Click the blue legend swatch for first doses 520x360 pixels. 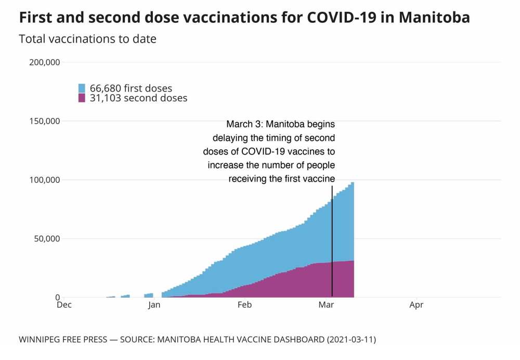pos(82,88)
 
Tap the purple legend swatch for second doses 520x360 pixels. pos(82,98)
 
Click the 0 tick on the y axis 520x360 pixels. pos(58,298)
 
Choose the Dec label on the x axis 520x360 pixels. pos(64,305)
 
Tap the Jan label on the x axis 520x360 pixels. pos(154,305)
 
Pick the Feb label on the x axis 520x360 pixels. pos(244,305)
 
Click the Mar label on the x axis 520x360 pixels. pos(326,305)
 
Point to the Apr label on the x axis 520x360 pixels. pos(416,305)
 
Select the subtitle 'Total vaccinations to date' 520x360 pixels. pos(87,39)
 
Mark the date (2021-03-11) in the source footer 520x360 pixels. pos(351,340)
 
